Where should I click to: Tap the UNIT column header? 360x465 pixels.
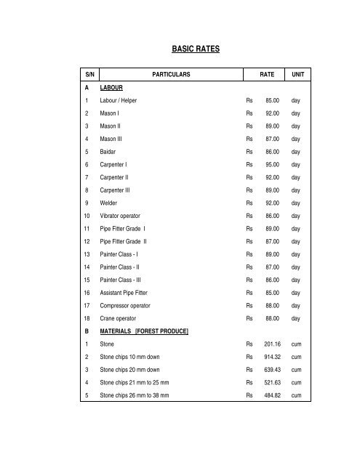(x=298, y=74)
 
